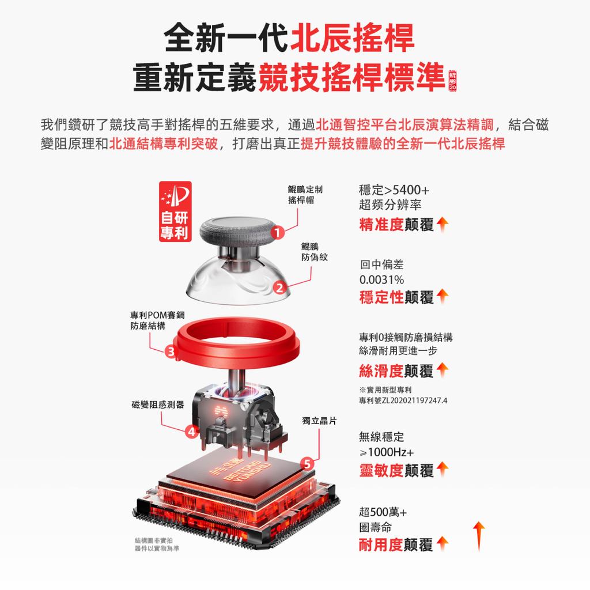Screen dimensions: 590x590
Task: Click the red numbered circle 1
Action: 277,233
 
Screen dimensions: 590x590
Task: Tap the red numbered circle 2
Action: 279,288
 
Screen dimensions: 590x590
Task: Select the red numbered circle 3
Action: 171,351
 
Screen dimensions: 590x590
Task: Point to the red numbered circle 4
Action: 192,431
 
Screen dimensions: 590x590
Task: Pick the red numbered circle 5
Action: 308,464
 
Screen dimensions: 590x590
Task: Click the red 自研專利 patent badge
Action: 175,211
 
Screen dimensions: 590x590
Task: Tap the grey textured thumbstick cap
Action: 238,233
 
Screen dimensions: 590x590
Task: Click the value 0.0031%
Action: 381,279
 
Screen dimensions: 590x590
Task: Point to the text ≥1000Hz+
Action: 387,452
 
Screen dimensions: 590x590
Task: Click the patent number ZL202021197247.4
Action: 414,400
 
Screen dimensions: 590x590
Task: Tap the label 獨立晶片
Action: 319,421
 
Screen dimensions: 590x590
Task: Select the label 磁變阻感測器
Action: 158,404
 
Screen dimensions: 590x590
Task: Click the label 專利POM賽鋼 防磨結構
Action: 157,320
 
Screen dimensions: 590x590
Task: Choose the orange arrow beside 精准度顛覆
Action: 443,224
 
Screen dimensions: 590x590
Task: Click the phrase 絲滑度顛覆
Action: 396,371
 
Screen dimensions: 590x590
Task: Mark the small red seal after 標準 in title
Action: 452,81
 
